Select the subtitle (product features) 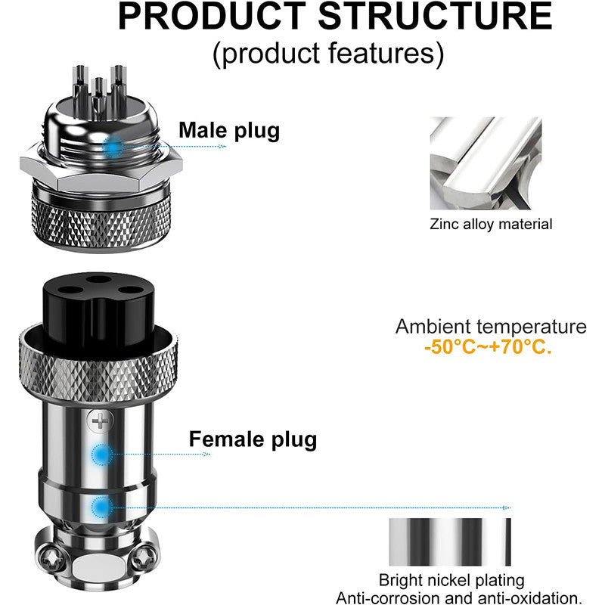327,52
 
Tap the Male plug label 229,130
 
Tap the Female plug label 253,439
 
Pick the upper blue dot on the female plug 101,455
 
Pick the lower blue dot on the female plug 101,507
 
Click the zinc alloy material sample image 486,163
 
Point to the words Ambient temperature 491,327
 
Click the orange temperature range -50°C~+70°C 488,349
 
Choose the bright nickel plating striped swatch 450,541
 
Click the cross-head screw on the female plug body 96,420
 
